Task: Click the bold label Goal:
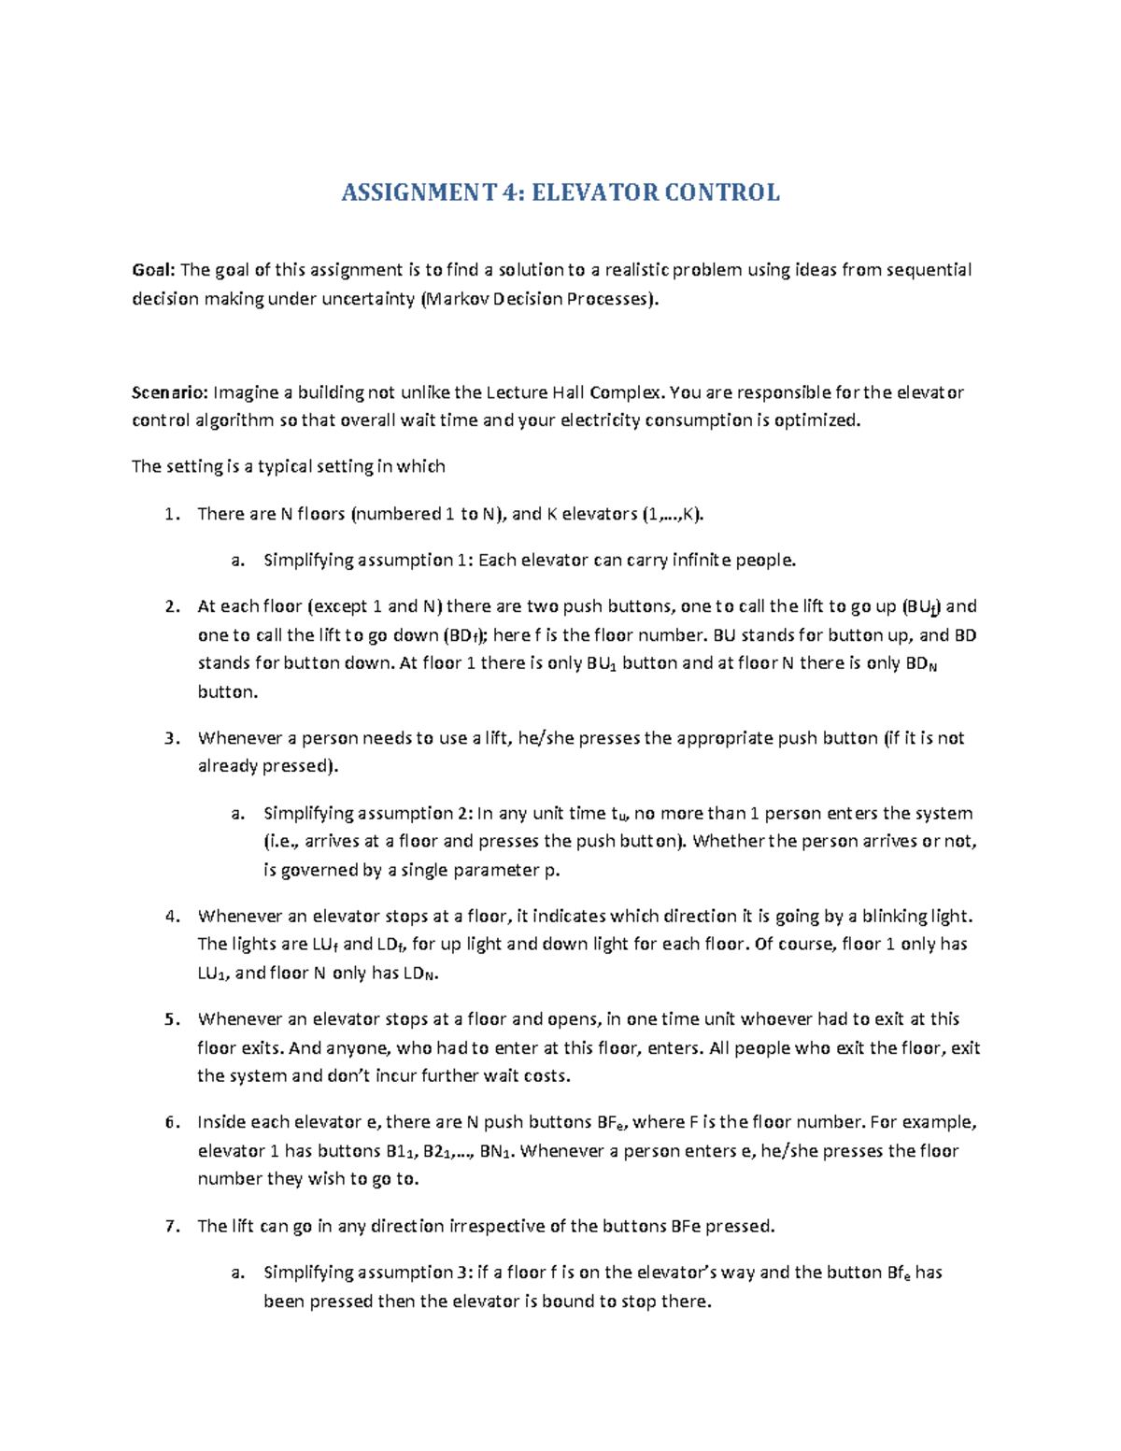(x=153, y=270)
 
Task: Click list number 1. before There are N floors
(x=171, y=514)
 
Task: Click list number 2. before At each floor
(x=171, y=606)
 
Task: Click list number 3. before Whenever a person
(x=171, y=738)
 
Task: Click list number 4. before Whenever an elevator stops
(x=171, y=917)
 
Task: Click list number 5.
(x=171, y=1019)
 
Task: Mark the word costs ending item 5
(x=546, y=1075)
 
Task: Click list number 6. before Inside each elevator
(x=171, y=1122)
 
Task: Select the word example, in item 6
(x=938, y=1122)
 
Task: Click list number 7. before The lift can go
(x=171, y=1226)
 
